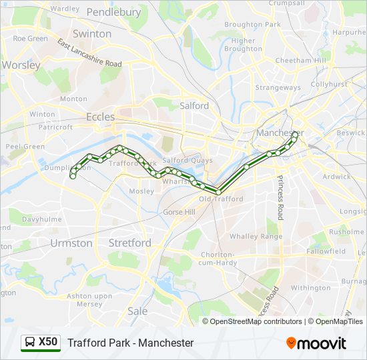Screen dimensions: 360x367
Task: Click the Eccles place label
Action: click(x=100, y=117)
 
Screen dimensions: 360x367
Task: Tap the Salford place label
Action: click(x=194, y=105)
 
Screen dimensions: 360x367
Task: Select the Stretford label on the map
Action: click(x=129, y=243)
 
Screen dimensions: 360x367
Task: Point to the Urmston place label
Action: click(x=71, y=243)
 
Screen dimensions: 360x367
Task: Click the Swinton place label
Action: click(x=92, y=34)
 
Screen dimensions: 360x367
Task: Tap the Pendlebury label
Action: click(x=113, y=12)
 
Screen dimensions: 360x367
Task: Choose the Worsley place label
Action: click(x=21, y=65)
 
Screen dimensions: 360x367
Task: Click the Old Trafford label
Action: click(x=221, y=199)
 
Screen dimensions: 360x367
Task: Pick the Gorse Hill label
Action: click(x=179, y=212)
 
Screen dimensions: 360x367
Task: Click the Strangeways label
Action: click(x=278, y=87)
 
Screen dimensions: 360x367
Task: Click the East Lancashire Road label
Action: click(x=89, y=53)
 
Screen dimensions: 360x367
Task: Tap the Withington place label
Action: click(x=310, y=288)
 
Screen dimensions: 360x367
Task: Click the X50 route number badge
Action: click(x=48, y=343)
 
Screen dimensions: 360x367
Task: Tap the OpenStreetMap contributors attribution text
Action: click(x=256, y=321)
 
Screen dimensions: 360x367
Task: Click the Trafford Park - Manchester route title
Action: click(x=131, y=343)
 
